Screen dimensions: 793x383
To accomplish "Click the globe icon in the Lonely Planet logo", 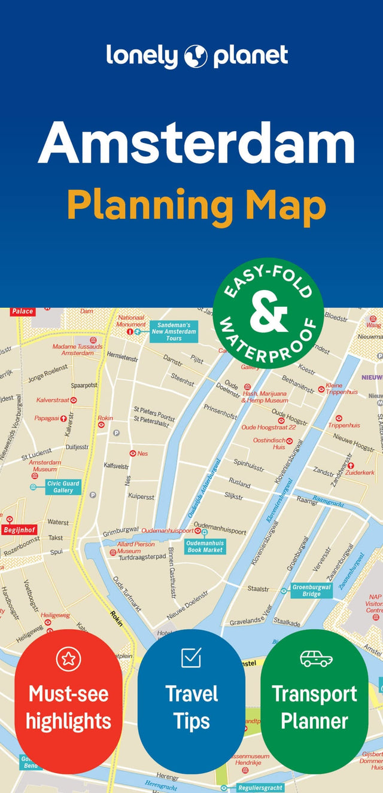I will click(196, 56).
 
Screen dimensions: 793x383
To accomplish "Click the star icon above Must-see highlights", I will click(68, 659).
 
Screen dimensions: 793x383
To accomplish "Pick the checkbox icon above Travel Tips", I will click(191, 658).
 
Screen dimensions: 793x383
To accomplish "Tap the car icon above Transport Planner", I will click(316, 658).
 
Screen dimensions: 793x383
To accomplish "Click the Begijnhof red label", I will click(19, 530).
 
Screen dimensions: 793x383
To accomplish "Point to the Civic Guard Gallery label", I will click(63, 487).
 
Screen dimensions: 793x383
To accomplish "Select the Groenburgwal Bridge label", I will click(312, 590).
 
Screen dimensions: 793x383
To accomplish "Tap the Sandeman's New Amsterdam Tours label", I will click(174, 331).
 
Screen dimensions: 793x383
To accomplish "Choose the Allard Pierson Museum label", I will click(136, 547).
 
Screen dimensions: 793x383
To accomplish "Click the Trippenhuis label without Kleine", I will click(344, 425).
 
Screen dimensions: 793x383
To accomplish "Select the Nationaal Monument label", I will click(132, 321).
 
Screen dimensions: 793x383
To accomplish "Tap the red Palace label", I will click(23, 311).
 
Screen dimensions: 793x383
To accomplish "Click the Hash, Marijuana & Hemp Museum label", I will click(265, 397).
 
